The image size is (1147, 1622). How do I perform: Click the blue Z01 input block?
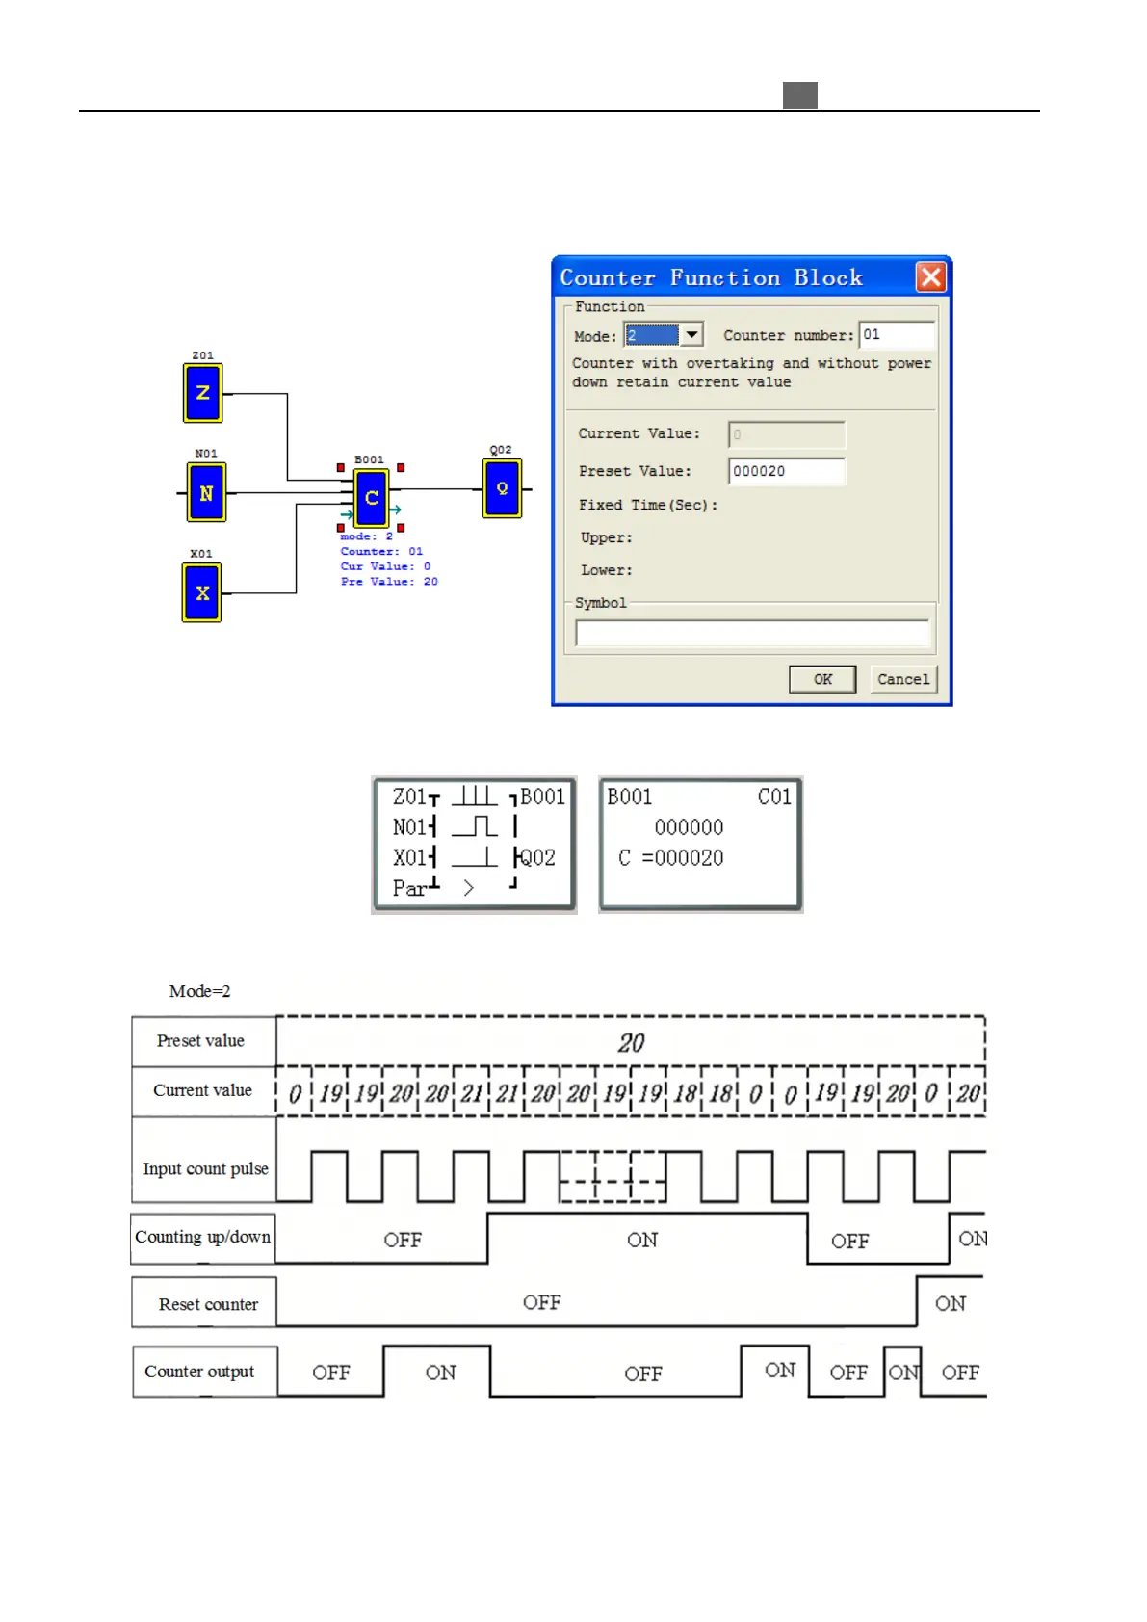[202, 393]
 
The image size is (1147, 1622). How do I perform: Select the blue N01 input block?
[206, 493]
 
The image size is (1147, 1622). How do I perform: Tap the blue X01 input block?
[201, 593]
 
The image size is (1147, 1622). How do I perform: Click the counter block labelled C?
[371, 498]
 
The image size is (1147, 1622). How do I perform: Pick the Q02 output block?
[502, 488]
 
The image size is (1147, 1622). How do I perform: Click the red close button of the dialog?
[930, 277]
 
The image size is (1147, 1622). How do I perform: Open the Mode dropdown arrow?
[691, 334]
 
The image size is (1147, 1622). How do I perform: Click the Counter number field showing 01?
[896, 334]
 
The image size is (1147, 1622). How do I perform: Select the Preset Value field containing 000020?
[786, 471]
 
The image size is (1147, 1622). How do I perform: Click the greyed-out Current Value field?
[786, 434]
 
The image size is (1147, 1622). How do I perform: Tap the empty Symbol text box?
[751, 633]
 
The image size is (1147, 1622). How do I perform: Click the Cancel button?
[902, 679]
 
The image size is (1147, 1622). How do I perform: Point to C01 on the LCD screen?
[773, 797]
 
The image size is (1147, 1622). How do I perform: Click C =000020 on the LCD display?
[671, 858]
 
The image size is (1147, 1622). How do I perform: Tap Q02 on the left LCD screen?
[537, 857]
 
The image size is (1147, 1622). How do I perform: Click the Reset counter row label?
[208, 1304]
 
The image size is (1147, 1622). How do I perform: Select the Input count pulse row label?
[205, 1168]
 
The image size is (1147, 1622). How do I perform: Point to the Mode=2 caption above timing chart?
[199, 991]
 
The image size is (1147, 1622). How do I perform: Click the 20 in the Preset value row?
[631, 1043]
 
